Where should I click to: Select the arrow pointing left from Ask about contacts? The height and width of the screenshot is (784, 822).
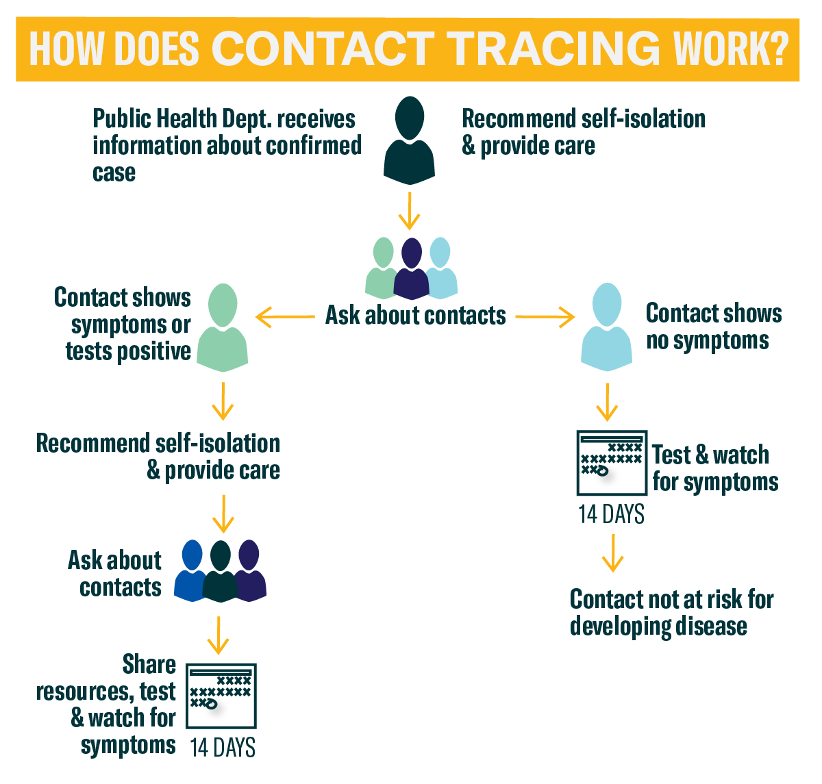click(285, 317)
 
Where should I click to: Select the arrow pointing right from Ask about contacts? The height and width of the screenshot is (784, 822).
click(545, 317)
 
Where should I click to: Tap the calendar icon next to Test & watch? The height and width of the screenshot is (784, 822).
click(612, 463)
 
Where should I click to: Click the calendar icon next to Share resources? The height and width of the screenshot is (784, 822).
click(221, 696)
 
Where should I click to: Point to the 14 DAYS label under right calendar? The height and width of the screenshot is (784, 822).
click(611, 514)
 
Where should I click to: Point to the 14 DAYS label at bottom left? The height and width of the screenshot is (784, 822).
click(223, 748)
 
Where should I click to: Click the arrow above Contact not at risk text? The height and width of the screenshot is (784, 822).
click(612, 553)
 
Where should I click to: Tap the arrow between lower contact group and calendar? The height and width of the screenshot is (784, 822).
click(218, 635)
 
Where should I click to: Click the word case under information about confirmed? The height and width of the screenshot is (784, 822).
click(114, 173)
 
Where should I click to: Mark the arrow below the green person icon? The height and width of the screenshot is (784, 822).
click(223, 401)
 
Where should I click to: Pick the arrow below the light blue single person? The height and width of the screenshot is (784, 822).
click(607, 403)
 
